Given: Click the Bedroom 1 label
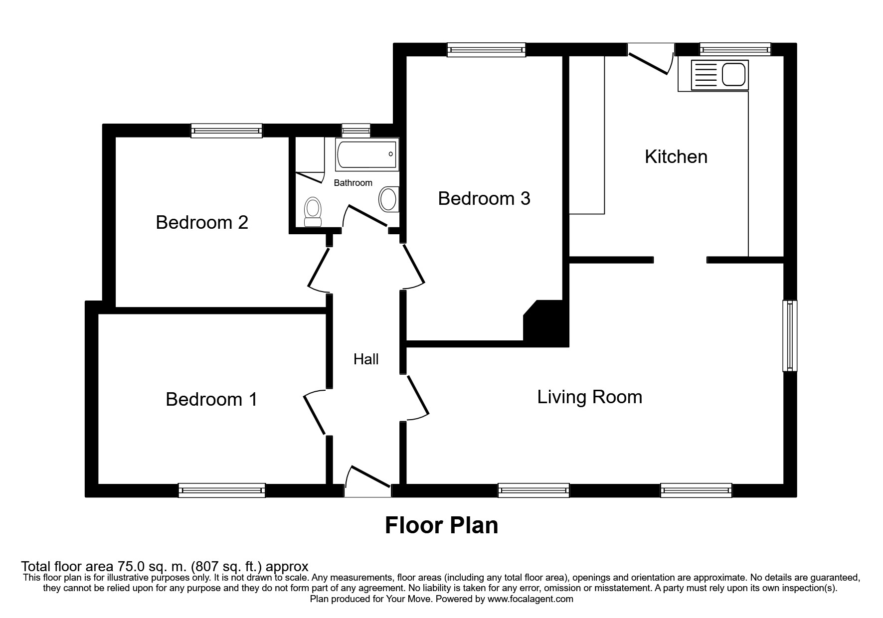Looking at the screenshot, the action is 211,399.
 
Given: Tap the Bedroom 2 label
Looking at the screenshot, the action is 202,222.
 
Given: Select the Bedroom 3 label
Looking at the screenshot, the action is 484,198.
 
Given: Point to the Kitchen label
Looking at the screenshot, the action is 676,156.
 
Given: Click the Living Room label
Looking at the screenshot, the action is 590,397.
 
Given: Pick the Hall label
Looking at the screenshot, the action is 366,359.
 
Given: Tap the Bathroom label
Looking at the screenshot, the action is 353,183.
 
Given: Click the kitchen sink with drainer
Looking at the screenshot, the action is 719,75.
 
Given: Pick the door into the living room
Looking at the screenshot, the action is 417,398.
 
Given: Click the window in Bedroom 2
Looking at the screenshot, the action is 227,131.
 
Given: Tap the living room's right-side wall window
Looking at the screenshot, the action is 790,335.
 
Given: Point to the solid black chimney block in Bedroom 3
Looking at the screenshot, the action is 546,320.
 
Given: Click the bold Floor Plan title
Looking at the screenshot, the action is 442,526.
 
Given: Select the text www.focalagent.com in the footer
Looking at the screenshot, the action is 530,599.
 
